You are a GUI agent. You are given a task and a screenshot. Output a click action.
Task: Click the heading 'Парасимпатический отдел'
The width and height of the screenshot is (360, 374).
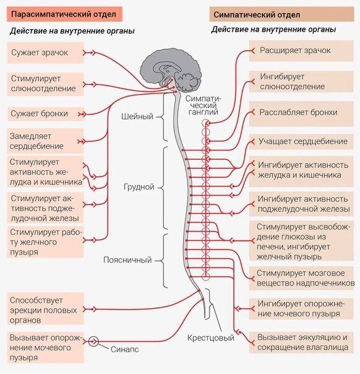pyautogui.click(x=64, y=14)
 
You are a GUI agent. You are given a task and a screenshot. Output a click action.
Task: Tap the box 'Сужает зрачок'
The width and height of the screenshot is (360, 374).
pyautogui.click(x=46, y=53)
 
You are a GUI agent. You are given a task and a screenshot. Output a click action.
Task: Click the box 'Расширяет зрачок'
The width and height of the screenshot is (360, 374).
pyautogui.click(x=301, y=51)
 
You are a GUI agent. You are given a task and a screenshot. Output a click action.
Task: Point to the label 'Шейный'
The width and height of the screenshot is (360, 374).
pyautogui.click(x=137, y=116)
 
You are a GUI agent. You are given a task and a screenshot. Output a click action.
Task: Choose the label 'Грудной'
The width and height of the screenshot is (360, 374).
pyautogui.click(x=139, y=186)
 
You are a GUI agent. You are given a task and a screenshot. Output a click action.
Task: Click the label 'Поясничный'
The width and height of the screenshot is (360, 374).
pyautogui.click(x=127, y=259)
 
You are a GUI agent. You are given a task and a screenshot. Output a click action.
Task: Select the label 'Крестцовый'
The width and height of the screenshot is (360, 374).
pyautogui.click(x=210, y=337)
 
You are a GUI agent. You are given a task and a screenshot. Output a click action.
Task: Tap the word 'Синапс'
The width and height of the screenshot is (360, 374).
pyautogui.click(x=124, y=349)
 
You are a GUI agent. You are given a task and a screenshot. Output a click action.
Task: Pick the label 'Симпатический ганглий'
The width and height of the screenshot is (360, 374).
pyautogui.click(x=204, y=105)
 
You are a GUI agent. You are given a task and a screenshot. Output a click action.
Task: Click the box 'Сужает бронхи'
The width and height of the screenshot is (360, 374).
pyautogui.click(x=46, y=114)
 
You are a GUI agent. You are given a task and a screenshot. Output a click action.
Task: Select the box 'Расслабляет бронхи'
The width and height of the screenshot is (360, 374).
pyautogui.click(x=301, y=113)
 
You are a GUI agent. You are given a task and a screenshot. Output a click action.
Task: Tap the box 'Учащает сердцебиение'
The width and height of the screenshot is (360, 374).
pyautogui.click(x=301, y=142)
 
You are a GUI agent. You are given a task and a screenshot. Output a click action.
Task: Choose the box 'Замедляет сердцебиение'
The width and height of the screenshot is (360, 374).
pyautogui.click(x=45, y=141)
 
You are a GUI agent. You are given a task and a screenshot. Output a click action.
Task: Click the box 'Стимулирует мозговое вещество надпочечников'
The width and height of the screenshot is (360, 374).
pyautogui.click(x=302, y=278)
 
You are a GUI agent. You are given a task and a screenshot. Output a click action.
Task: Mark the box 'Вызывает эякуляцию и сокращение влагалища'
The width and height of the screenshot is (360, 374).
pyautogui.click(x=301, y=342)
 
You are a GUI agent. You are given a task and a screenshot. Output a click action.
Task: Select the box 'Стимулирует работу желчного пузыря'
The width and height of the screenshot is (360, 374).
pyautogui.click(x=45, y=242)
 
